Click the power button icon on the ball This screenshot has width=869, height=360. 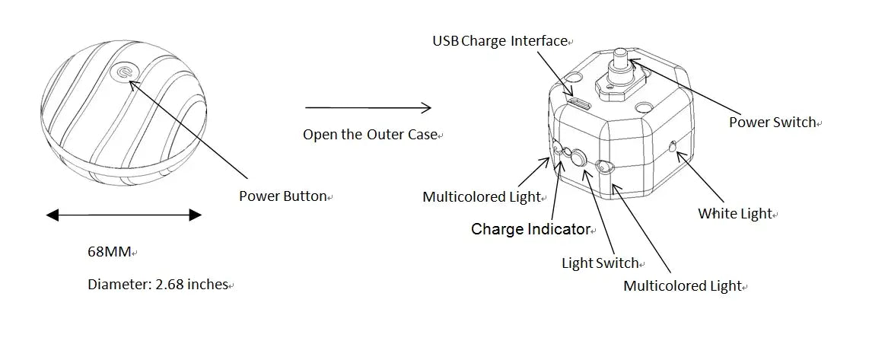(123, 73)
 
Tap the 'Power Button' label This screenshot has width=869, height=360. (282, 196)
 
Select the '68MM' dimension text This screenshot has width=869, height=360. (109, 251)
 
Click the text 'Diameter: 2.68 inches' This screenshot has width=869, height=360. (158, 285)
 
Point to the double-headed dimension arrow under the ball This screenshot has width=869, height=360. (123, 215)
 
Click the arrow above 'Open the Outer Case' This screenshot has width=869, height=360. (368, 107)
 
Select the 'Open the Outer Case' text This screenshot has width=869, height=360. (370, 135)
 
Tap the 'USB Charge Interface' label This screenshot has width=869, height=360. (500, 41)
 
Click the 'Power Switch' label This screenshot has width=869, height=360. (772, 122)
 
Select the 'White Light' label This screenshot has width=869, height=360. (735, 214)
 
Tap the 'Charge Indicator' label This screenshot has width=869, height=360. (530, 229)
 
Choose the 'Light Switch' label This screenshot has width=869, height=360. (600, 263)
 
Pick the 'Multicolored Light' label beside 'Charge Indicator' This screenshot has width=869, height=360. (481, 197)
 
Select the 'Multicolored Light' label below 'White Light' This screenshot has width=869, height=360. (683, 286)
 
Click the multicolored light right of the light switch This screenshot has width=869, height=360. (603, 167)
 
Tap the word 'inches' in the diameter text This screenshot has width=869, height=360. (207, 285)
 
